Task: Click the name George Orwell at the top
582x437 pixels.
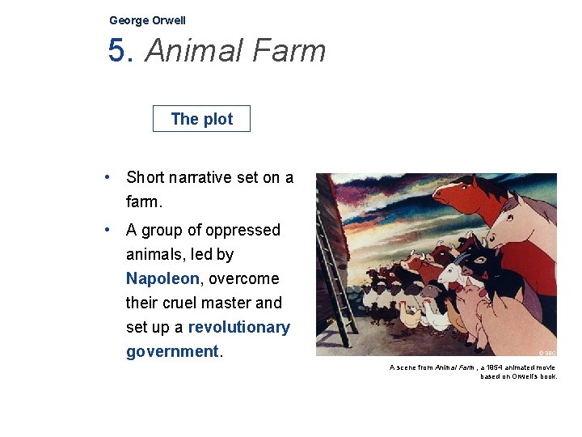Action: [x=147, y=20]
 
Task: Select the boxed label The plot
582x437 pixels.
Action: [x=201, y=119]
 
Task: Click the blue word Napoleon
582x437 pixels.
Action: [x=162, y=278]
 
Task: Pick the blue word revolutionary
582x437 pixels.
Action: [x=238, y=327]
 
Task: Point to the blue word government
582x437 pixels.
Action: [x=172, y=351]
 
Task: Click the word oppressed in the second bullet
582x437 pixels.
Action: [x=239, y=230]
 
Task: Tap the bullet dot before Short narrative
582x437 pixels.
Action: [x=108, y=177]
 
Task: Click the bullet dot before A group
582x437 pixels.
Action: [x=108, y=230]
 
